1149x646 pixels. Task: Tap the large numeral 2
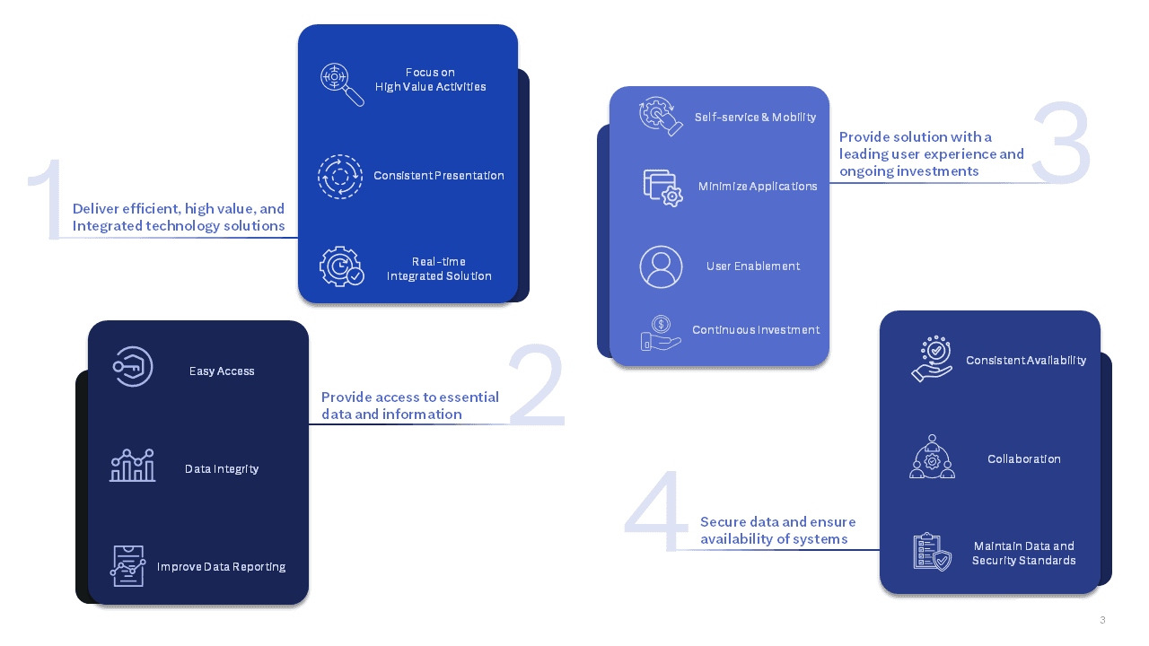point(537,385)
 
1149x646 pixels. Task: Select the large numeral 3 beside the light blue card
point(1062,143)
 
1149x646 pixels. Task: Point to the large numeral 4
point(656,511)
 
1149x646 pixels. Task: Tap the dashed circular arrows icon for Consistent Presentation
point(340,177)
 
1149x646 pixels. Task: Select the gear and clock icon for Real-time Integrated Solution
point(342,266)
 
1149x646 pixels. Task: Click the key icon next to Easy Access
point(133,367)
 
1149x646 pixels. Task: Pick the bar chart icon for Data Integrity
point(132,465)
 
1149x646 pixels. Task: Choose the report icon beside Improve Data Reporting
point(127,566)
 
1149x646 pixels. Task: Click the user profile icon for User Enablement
point(661,266)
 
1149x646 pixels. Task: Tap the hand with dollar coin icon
point(661,333)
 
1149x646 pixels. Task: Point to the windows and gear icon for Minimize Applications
point(662,188)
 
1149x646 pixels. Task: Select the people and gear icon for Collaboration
point(932,457)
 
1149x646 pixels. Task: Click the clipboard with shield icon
point(933,552)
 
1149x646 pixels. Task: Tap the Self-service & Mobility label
point(755,118)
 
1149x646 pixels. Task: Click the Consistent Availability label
point(1026,361)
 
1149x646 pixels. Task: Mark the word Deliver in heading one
point(95,209)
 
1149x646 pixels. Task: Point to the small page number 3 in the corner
point(1102,620)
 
